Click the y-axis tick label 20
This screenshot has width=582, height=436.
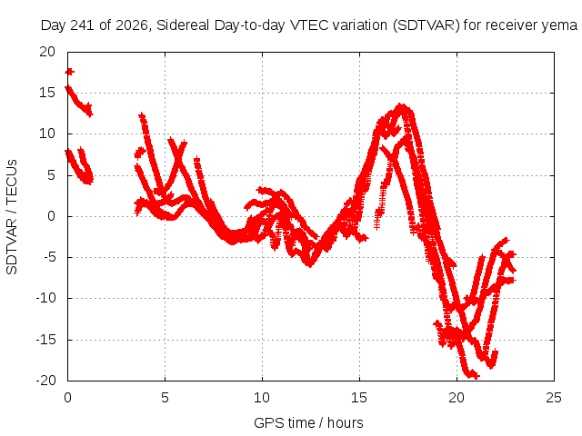coord(47,52)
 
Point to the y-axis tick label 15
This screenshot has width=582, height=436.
coord(47,93)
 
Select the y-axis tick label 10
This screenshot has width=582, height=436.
coord(47,134)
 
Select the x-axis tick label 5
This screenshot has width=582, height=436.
coord(165,398)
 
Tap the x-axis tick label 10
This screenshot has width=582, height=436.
coord(262,398)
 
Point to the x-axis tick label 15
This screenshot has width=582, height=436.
coord(359,398)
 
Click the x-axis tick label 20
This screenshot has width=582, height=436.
coord(457,398)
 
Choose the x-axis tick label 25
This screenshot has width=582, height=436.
coord(554,398)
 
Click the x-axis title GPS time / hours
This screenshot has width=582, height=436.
coord(308,423)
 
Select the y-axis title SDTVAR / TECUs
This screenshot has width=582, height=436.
coord(12,217)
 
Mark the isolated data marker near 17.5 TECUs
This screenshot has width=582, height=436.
coord(69,72)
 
